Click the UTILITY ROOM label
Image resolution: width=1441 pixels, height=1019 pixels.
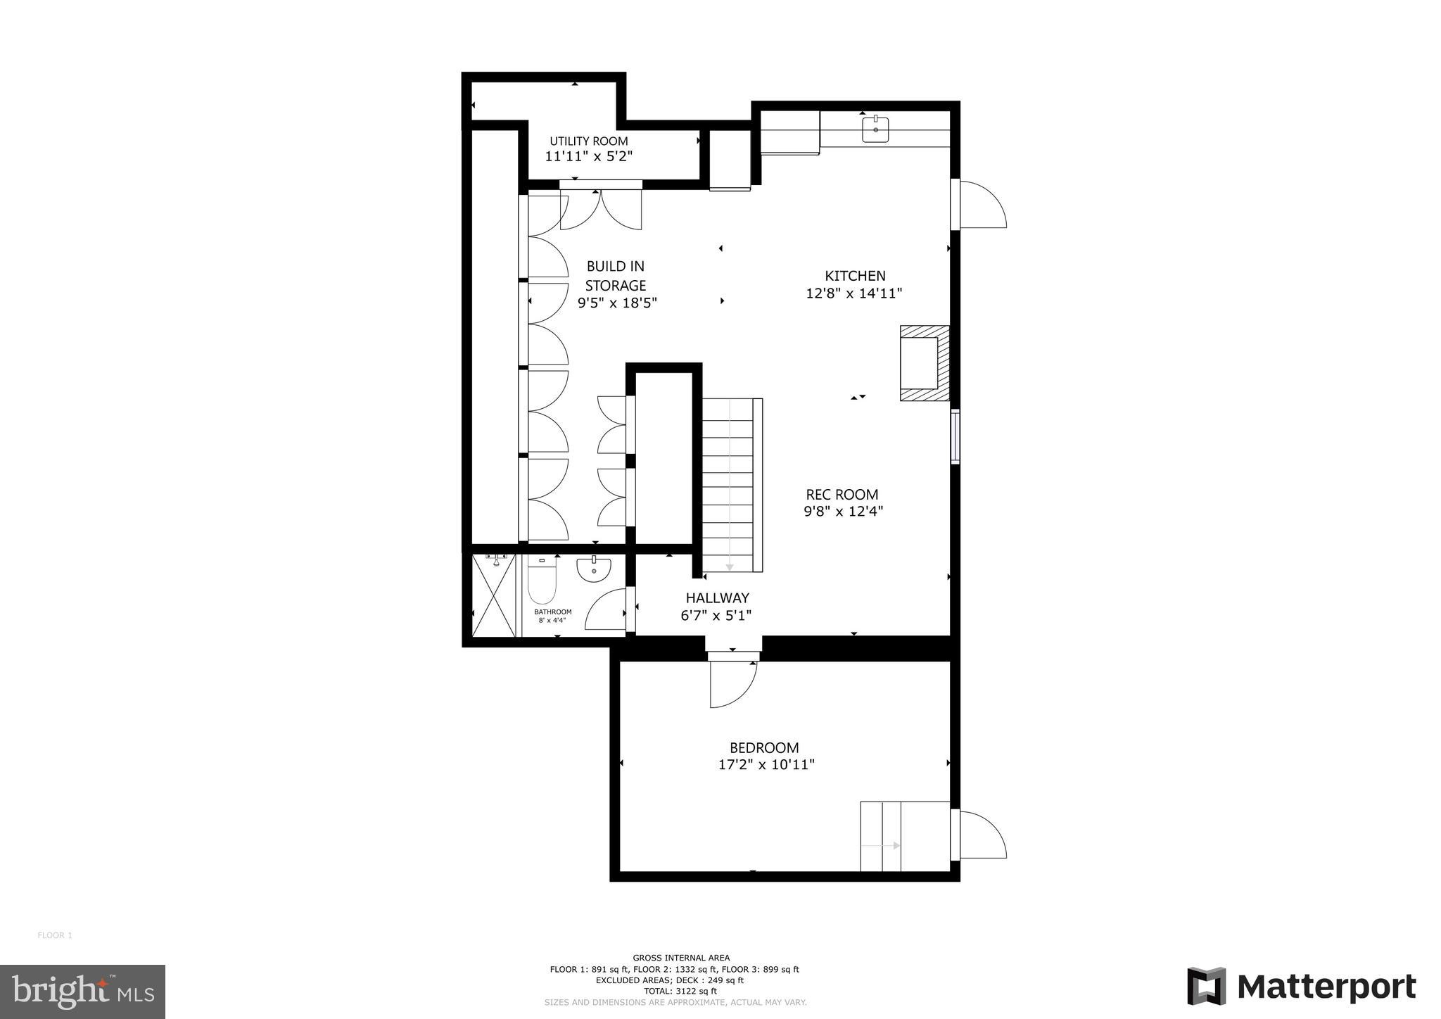click(588, 141)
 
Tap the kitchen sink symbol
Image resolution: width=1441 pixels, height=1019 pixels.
click(875, 129)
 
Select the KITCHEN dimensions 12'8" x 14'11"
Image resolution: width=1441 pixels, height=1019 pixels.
click(853, 293)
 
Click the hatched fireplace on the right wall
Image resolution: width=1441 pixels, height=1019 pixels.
click(924, 363)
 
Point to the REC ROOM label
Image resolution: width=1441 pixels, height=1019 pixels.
click(842, 494)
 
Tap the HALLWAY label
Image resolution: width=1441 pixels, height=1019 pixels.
click(717, 597)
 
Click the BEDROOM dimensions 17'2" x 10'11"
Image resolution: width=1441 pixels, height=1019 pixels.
click(766, 764)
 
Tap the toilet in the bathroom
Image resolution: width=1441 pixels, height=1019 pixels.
click(542, 581)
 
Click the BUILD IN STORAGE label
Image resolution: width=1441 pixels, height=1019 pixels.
click(616, 276)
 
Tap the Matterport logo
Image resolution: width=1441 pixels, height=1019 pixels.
click(1301, 987)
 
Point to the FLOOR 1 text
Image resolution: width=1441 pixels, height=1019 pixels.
click(55, 935)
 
